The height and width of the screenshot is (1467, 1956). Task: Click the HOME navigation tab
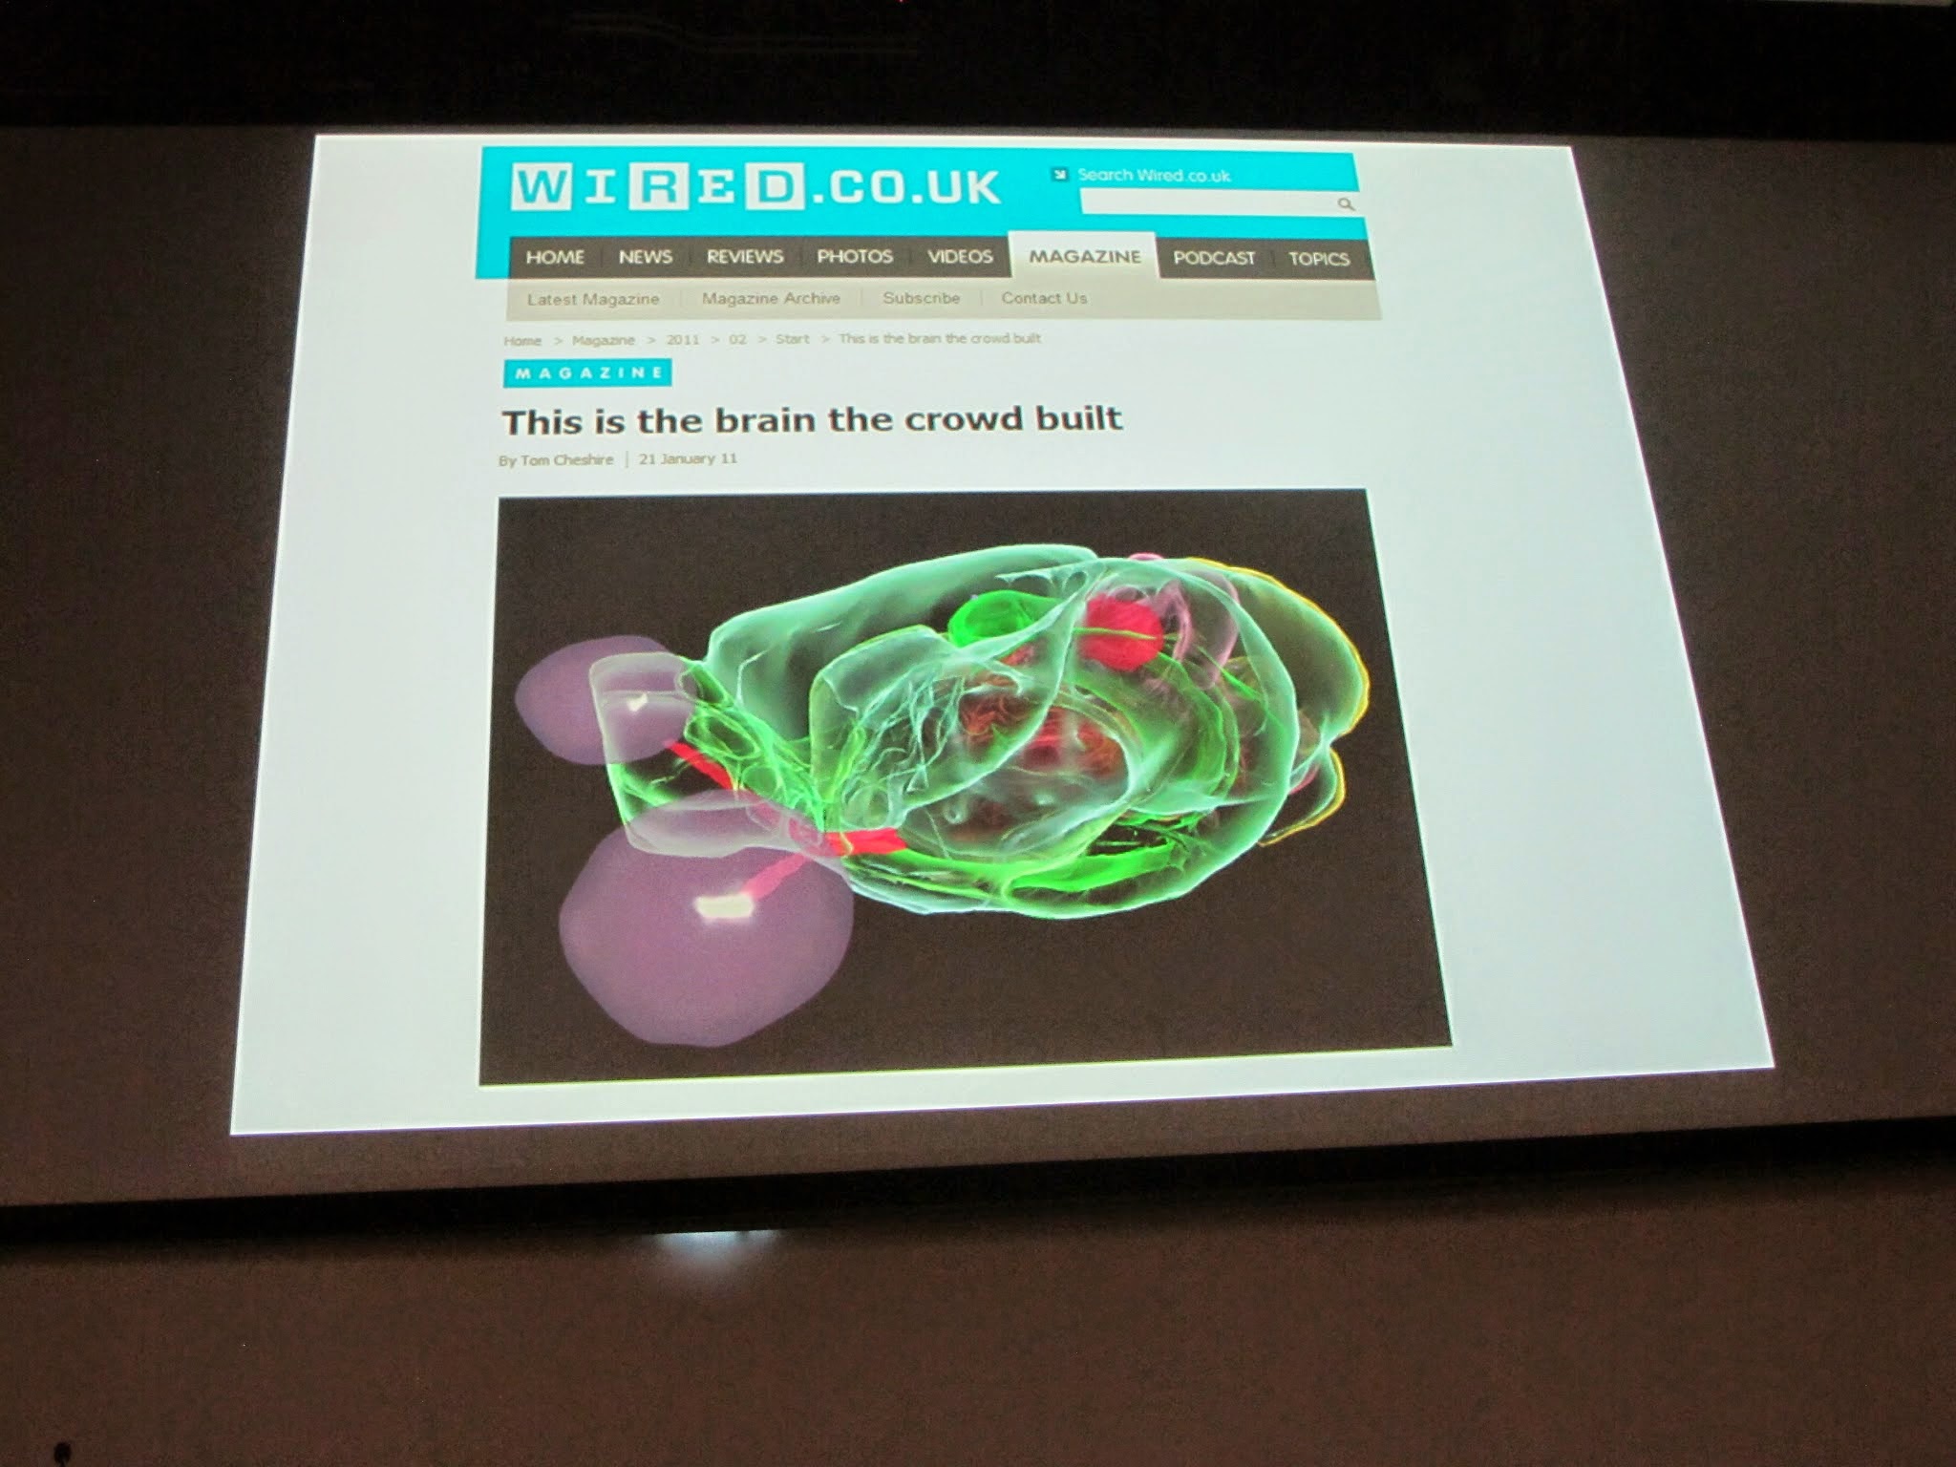pos(555,256)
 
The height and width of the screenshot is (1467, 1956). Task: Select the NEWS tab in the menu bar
pos(645,257)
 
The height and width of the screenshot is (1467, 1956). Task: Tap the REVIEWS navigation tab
pos(744,257)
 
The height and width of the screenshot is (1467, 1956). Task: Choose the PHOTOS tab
pos(854,257)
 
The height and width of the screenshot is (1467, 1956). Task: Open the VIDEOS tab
pos(960,257)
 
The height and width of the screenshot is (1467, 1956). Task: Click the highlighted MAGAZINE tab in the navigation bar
pos(1085,257)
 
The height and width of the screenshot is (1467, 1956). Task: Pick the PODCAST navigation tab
pos(1214,258)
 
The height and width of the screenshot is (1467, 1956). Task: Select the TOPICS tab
pos(1318,259)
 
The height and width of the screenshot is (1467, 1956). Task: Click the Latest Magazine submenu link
pos(593,299)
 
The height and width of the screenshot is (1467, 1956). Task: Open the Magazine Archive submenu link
pos(771,298)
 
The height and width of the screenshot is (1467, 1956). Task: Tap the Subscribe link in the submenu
pos(921,298)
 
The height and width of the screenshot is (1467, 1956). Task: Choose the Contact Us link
pos(1044,298)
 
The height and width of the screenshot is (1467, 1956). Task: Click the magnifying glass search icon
pos(1346,203)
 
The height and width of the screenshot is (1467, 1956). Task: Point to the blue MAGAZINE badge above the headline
pos(587,372)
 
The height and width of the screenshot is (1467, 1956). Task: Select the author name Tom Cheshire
pos(566,460)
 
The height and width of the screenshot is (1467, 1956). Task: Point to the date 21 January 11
pos(688,458)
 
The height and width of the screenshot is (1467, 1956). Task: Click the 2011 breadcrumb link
pos(683,340)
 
